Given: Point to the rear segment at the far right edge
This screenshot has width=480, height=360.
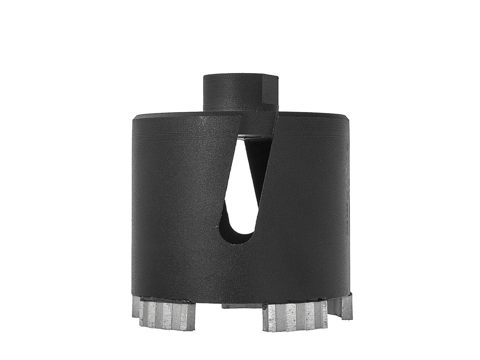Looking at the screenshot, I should pos(347,307).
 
